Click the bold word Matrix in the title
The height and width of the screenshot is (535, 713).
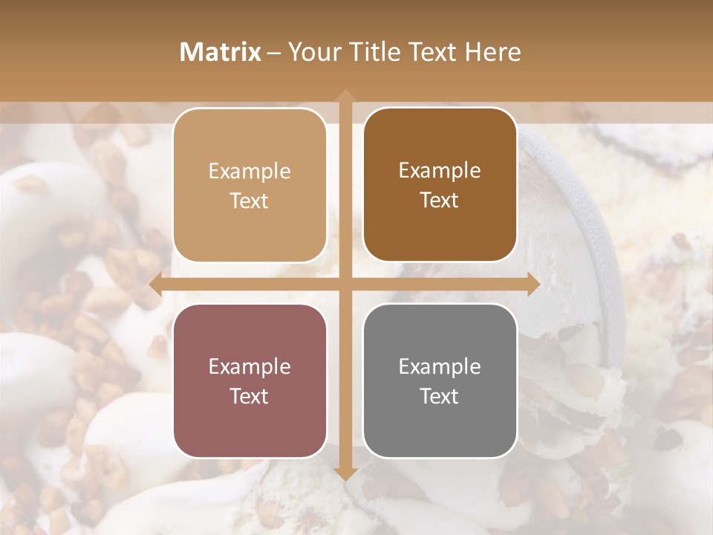221,52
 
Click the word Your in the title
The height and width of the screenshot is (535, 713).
312,52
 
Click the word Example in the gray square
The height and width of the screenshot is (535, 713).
440,366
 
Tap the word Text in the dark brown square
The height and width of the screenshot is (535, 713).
440,201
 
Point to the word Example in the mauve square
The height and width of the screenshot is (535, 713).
250,366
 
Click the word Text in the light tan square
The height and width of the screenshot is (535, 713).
250,201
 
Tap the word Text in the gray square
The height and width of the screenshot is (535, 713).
440,396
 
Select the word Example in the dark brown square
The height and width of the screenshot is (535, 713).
440,171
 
